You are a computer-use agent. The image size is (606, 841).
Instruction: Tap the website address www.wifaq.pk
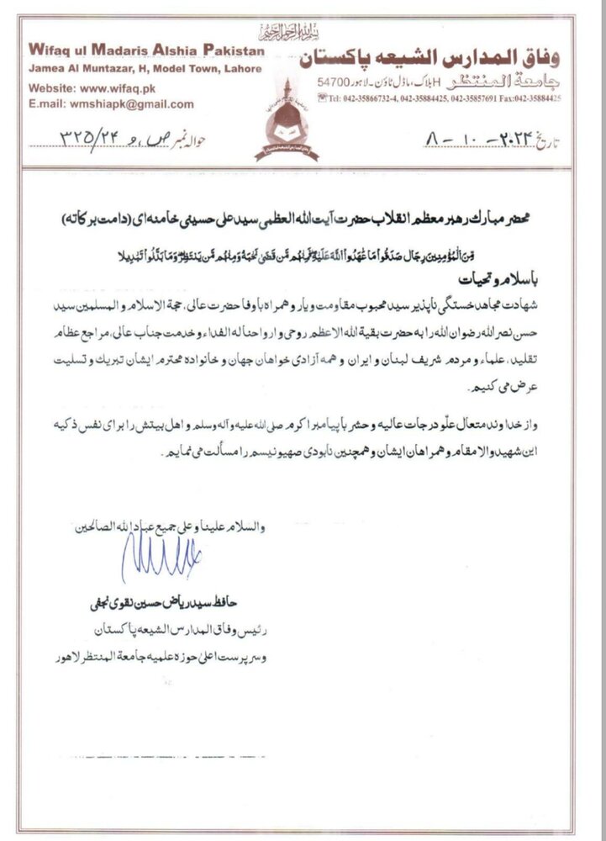(x=126, y=87)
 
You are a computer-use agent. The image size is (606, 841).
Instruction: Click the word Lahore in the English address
(x=245, y=68)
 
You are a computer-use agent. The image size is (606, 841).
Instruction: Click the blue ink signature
(x=160, y=558)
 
